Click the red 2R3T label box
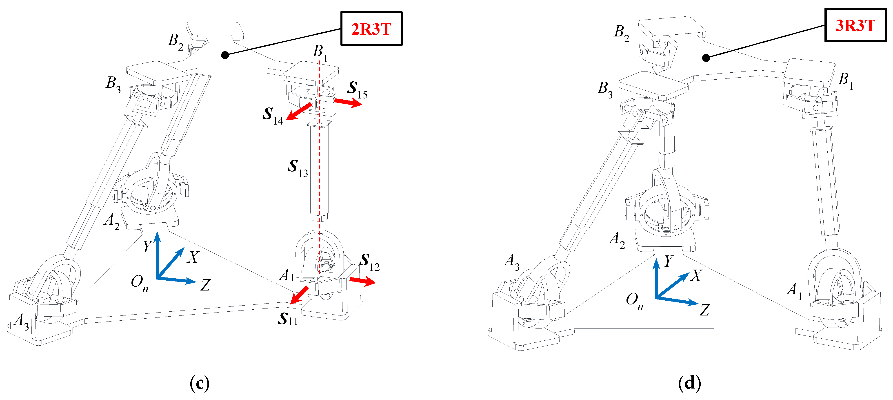[x=371, y=29]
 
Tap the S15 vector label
[x=357, y=89]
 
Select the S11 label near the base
[x=287, y=318]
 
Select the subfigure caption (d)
[x=689, y=383]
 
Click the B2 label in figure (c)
[x=175, y=41]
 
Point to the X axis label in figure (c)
[x=193, y=257]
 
